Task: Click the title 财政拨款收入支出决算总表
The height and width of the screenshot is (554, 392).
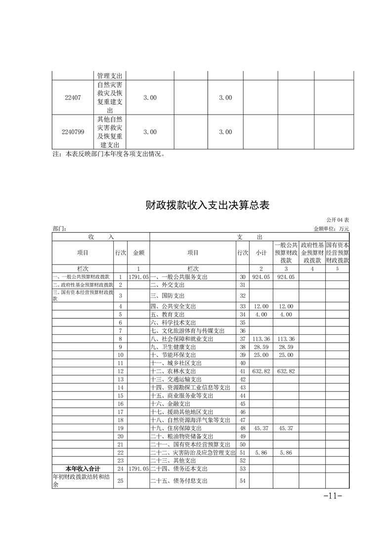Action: click(x=208, y=205)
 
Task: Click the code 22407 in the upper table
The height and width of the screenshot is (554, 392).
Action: click(x=73, y=98)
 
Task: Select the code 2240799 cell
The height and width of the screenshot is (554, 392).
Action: click(x=73, y=132)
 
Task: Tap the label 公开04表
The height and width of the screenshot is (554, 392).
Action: click(x=338, y=219)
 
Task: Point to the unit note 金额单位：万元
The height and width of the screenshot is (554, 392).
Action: click(x=331, y=229)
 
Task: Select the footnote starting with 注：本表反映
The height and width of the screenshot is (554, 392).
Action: click(x=108, y=154)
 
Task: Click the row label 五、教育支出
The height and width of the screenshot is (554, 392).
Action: click(x=168, y=315)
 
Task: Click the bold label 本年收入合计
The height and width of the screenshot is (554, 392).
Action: click(x=83, y=468)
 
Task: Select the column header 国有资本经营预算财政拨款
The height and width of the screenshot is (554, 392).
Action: click(x=338, y=252)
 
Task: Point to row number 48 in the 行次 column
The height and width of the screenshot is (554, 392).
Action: click(x=242, y=428)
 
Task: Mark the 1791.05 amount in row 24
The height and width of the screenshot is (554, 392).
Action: click(x=138, y=468)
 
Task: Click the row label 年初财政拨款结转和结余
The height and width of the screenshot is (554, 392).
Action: click(x=83, y=480)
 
